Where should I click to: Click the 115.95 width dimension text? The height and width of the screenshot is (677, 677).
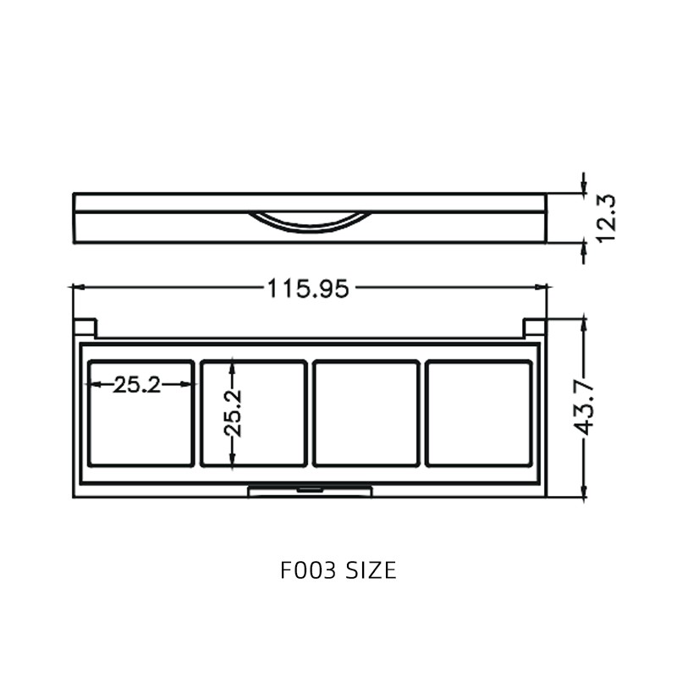[308, 289]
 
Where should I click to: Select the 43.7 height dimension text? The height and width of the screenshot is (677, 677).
[585, 408]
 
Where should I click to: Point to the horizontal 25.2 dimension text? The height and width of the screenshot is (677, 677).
[137, 385]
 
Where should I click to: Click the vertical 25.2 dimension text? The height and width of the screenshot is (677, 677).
[232, 412]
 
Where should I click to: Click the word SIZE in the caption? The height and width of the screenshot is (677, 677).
[371, 570]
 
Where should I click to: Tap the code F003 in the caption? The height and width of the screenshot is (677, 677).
[308, 570]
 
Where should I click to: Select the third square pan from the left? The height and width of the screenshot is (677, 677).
[366, 413]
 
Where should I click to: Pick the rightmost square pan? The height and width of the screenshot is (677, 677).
[478, 413]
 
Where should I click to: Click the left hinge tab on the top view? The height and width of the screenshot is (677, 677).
[85, 327]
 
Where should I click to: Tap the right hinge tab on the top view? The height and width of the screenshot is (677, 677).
[534, 327]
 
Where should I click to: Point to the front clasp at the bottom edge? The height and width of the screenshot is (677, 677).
[310, 491]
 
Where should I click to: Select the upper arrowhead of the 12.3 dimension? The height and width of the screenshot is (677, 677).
[583, 188]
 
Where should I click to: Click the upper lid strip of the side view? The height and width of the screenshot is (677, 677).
[310, 202]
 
